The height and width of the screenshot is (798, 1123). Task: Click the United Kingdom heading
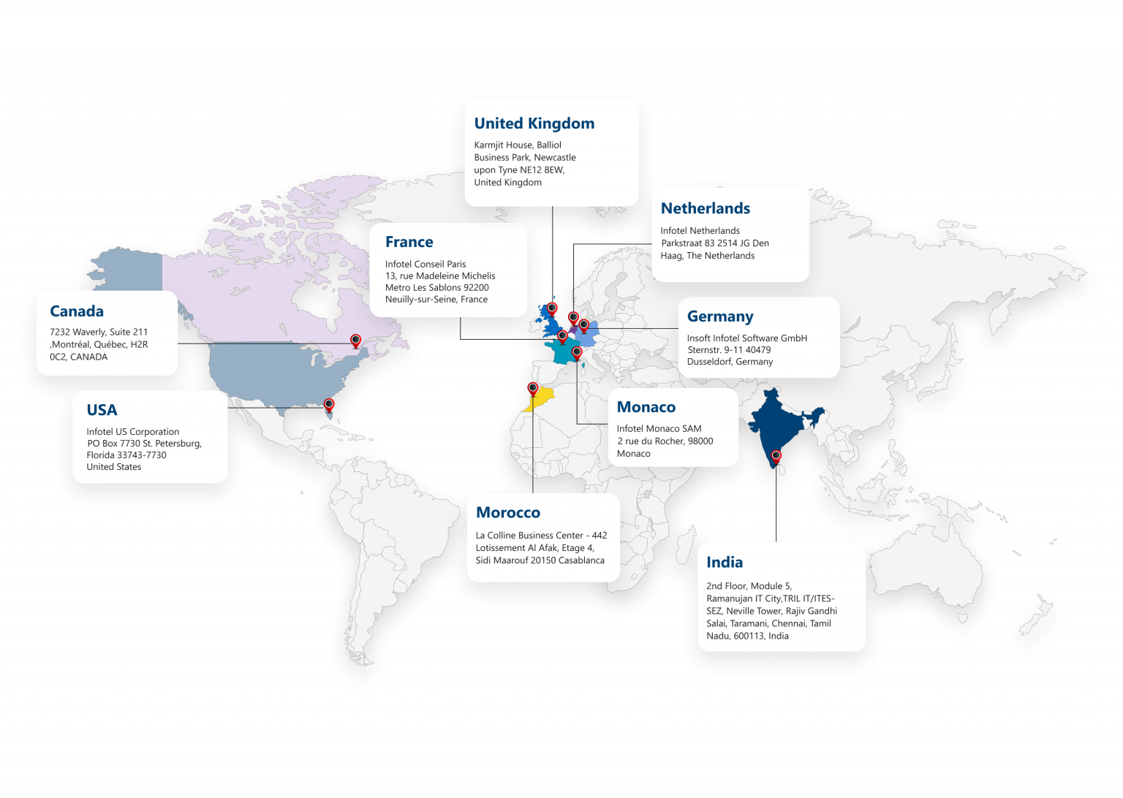(x=534, y=123)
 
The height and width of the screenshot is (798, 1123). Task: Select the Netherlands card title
(x=705, y=208)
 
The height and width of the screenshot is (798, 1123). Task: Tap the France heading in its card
(x=409, y=242)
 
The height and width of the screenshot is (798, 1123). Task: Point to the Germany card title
(x=719, y=316)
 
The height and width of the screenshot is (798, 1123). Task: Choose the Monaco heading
(x=646, y=407)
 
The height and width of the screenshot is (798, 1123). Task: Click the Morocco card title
(x=507, y=513)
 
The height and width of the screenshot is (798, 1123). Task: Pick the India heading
(x=724, y=563)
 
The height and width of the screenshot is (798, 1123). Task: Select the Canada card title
(x=76, y=311)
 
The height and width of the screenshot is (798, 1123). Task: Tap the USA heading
(x=102, y=410)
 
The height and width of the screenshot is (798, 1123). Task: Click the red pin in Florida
(x=329, y=404)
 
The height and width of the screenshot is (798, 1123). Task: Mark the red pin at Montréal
(x=355, y=340)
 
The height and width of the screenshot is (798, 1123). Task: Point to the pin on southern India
(x=776, y=456)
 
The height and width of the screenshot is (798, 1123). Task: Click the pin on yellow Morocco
(x=533, y=387)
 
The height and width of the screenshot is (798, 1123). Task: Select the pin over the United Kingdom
(x=552, y=308)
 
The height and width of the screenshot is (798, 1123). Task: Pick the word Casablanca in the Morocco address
(x=581, y=560)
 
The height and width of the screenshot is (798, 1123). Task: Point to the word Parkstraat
(x=681, y=243)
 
